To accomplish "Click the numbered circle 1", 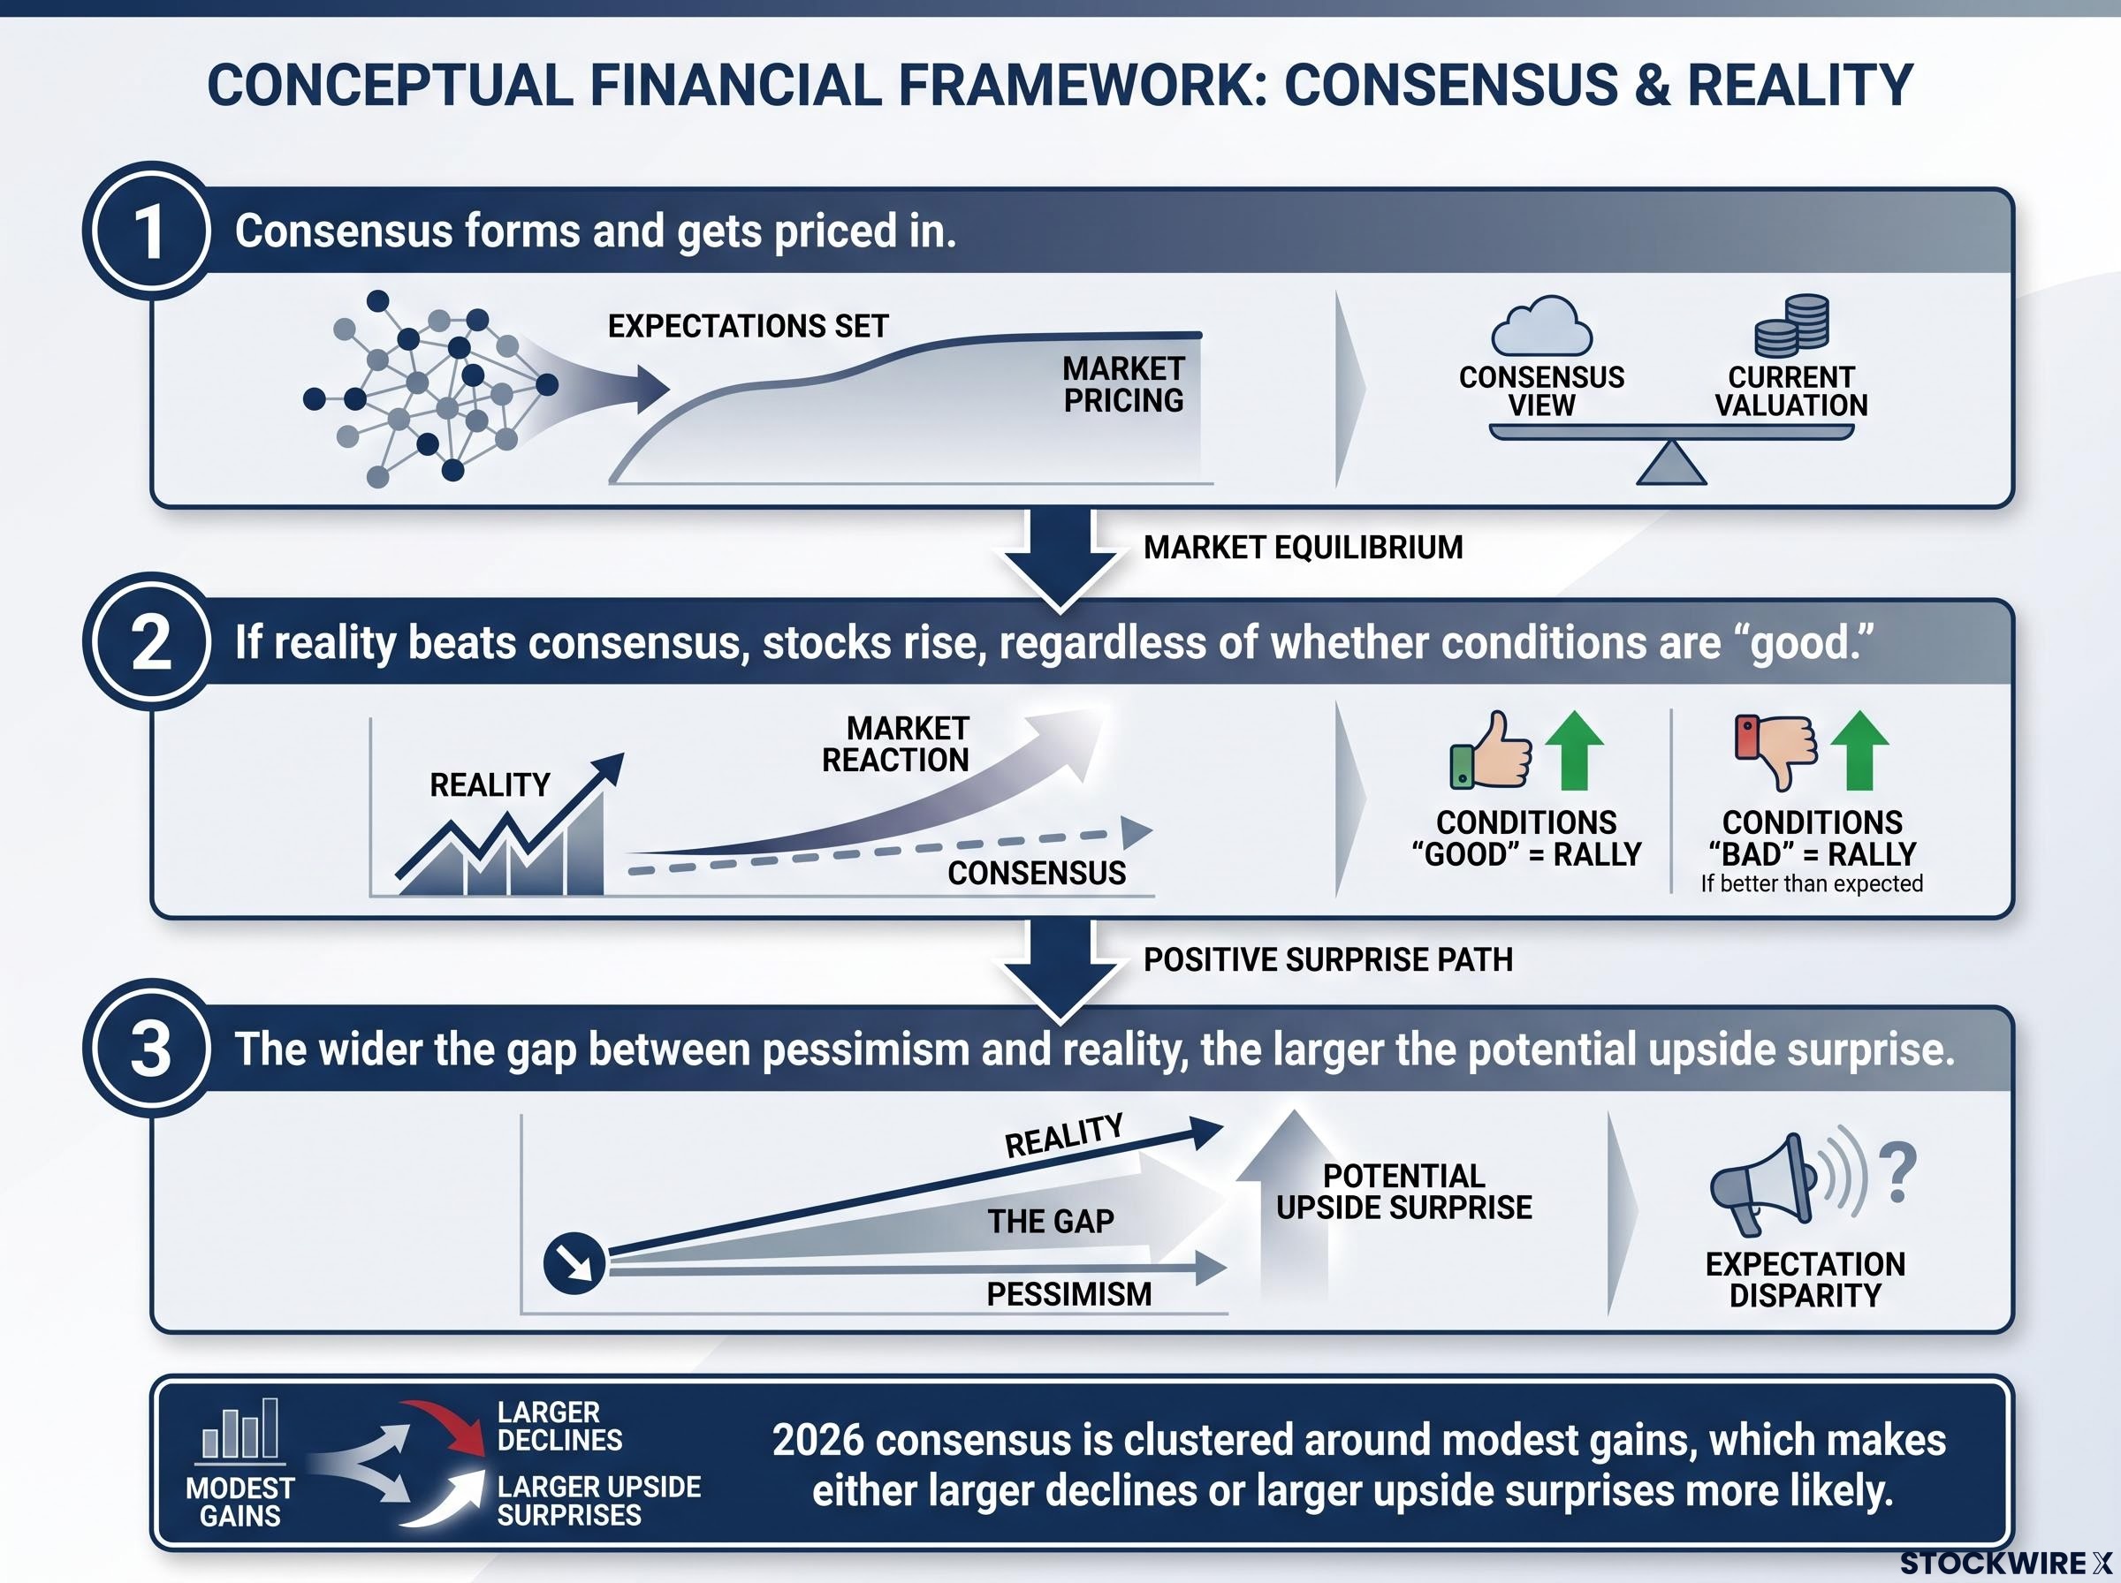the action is pyautogui.click(x=148, y=231).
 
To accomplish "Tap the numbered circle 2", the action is pyautogui.click(x=148, y=641).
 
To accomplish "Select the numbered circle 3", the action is pyautogui.click(x=148, y=1049).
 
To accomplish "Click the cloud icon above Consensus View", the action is pyautogui.click(x=1541, y=327).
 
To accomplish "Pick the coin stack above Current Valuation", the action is pyautogui.click(x=1791, y=325).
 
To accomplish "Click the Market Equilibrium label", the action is pyautogui.click(x=1303, y=547).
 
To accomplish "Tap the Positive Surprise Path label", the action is pyautogui.click(x=1327, y=959).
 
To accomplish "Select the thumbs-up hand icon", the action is pyautogui.click(x=1490, y=750).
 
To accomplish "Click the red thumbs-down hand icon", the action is pyautogui.click(x=1776, y=751).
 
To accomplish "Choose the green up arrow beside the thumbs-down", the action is pyautogui.click(x=1859, y=750).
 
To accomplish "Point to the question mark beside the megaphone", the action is pyautogui.click(x=1897, y=1173).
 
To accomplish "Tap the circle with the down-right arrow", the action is pyautogui.click(x=574, y=1264).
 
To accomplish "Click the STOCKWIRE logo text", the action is pyautogui.click(x=2006, y=1563).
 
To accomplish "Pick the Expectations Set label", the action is pyautogui.click(x=748, y=326).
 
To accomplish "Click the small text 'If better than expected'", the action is pyautogui.click(x=1812, y=883).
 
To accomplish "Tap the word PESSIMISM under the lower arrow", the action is pyautogui.click(x=1068, y=1293).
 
